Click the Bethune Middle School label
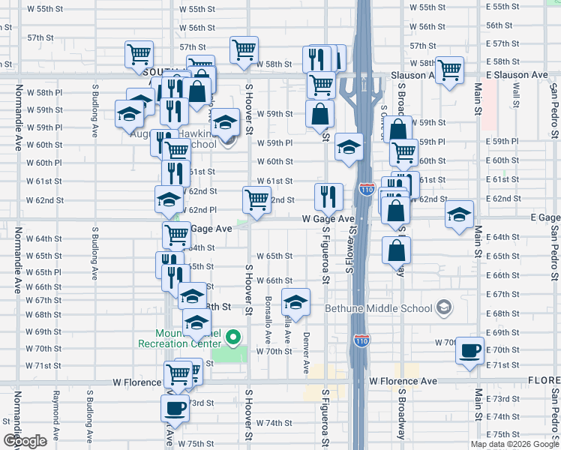[379, 308]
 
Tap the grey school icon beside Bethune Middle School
[445, 307]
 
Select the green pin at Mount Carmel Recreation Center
[233, 337]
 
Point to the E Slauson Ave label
[517, 76]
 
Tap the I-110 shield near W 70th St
[361, 340]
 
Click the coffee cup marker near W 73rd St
[175, 408]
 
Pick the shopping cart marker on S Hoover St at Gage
[256, 199]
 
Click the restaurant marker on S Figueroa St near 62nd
[328, 196]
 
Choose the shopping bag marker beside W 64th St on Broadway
[396, 250]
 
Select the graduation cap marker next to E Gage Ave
[459, 214]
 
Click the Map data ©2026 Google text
[514, 444]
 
